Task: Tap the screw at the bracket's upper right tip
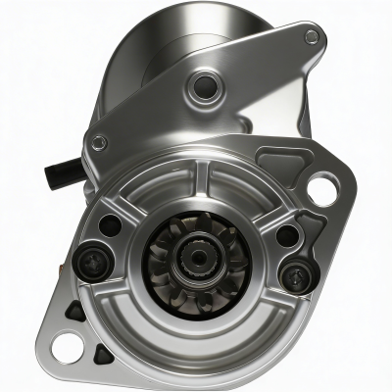[312, 37]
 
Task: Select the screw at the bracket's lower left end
[97, 142]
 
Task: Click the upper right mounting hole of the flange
[321, 185]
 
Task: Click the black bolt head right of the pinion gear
[294, 273]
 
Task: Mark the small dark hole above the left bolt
[111, 224]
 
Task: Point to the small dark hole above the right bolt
[285, 235]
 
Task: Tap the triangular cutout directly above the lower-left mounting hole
[73, 311]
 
